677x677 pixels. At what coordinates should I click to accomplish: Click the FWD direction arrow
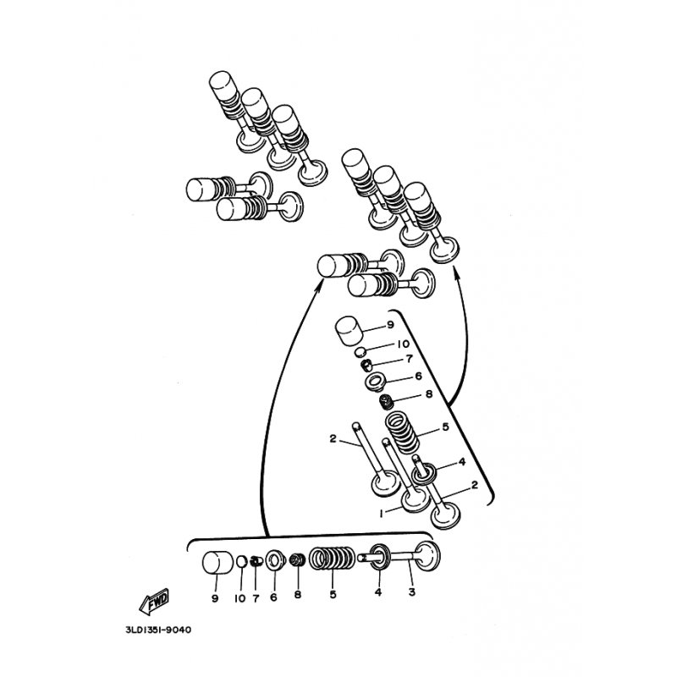(154, 601)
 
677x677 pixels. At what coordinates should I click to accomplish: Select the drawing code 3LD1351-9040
(158, 630)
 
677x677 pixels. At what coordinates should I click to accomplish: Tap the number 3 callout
(411, 592)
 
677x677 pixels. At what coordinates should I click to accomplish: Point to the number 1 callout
(382, 514)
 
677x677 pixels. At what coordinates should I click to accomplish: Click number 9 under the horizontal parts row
(215, 598)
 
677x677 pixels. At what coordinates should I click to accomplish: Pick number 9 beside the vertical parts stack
(390, 324)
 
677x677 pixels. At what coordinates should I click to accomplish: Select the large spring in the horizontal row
(333, 559)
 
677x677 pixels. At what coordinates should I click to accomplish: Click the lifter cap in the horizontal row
(218, 563)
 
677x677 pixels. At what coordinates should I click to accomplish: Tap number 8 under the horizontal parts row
(298, 595)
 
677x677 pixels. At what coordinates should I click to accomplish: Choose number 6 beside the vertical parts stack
(418, 377)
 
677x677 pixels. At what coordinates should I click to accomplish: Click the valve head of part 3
(427, 558)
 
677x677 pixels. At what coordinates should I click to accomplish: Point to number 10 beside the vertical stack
(403, 344)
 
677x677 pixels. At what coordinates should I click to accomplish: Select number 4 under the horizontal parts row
(378, 592)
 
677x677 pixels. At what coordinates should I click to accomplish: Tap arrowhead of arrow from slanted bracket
(454, 271)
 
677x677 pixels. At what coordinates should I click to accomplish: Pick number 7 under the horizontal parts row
(256, 598)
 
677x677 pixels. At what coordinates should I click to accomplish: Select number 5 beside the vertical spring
(446, 427)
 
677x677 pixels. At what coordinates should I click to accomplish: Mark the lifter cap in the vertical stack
(349, 330)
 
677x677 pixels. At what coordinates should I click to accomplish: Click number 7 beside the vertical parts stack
(409, 358)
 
